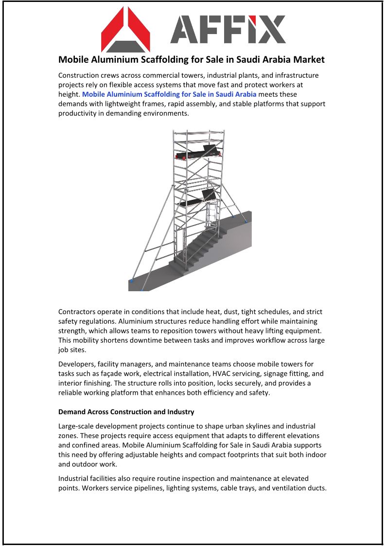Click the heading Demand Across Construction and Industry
pyautogui.click(x=126, y=412)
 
